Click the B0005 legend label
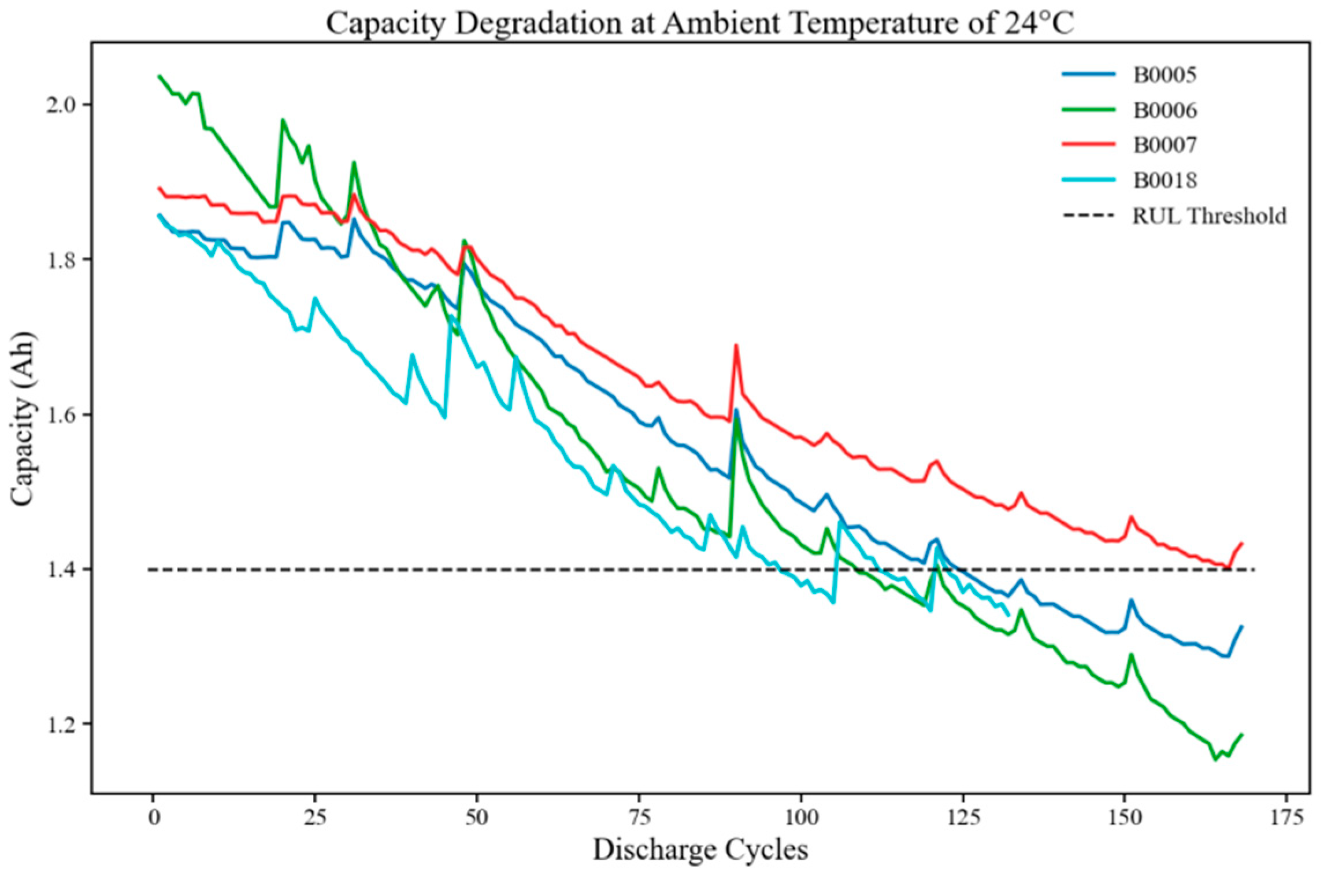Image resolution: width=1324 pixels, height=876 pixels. (1164, 75)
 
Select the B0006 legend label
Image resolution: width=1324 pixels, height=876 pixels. (1164, 110)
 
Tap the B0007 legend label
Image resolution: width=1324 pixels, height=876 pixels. (1164, 145)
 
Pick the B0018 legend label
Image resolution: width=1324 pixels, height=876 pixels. (1164, 180)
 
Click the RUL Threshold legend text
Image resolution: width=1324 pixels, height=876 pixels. (1209, 216)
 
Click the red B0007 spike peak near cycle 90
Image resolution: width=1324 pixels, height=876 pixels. (736, 345)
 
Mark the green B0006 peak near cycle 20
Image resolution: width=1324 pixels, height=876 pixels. (282, 120)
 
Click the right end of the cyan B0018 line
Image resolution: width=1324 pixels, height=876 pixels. (1008, 615)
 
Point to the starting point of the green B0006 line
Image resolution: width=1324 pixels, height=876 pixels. (160, 76)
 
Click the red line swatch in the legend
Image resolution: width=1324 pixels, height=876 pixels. (1089, 145)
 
